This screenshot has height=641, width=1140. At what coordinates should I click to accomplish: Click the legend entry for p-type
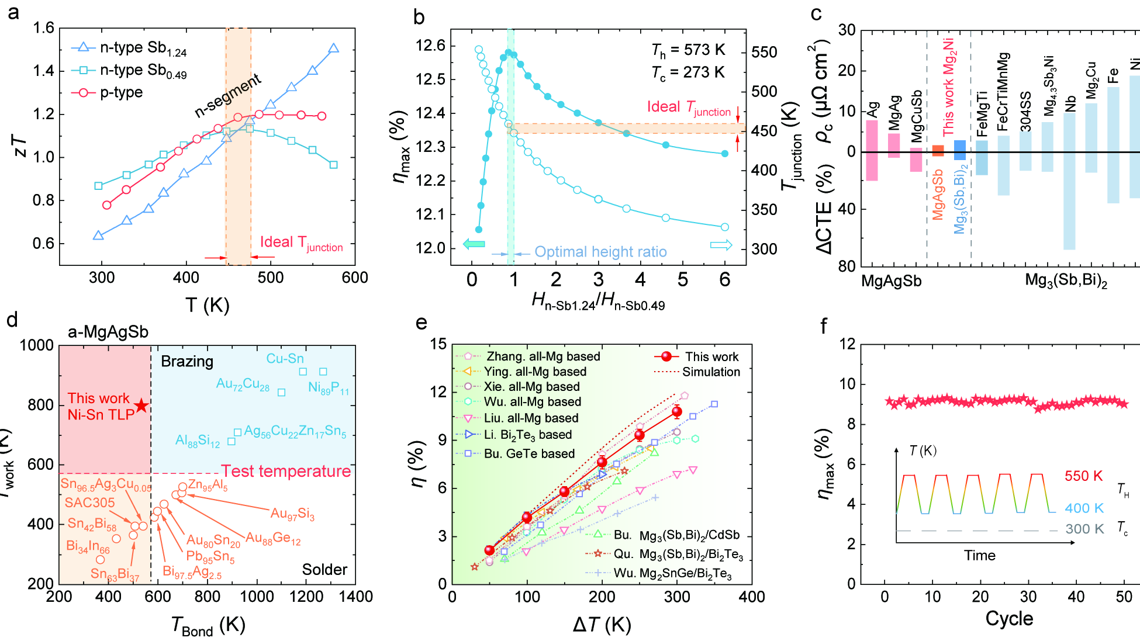(120, 92)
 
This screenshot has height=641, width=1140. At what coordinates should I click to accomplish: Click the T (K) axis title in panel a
(207, 304)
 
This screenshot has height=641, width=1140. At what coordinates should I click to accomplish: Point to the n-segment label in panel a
(228, 95)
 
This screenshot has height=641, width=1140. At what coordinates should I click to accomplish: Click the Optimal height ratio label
(600, 252)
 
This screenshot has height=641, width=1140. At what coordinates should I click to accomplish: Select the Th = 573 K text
(688, 51)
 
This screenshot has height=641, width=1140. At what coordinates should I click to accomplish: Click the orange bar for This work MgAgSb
(938, 151)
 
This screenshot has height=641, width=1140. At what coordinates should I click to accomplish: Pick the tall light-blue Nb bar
(1069, 181)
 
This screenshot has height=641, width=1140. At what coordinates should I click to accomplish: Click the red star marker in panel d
(141, 406)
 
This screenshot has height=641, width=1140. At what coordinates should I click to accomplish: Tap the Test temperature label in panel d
(286, 472)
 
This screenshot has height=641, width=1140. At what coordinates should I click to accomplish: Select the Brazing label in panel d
(187, 361)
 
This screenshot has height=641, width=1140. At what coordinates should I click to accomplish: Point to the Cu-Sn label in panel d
(285, 358)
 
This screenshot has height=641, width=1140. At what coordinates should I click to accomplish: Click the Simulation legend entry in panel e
(711, 372)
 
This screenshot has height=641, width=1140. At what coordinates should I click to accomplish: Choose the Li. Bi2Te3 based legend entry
(527, 435)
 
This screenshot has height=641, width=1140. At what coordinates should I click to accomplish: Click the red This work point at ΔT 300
(676, 412)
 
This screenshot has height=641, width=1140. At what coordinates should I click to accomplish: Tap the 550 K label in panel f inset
(1083, 476)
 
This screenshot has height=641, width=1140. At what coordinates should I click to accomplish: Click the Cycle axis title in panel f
(1009, 619)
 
